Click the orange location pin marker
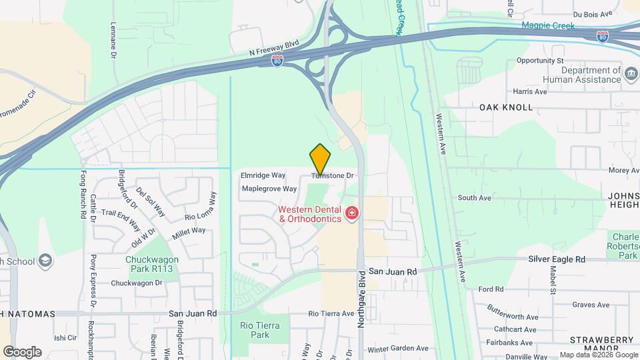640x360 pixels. [x=320, y=159]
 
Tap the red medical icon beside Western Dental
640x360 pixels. [x=351, y=214]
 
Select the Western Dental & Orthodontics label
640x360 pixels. [x=309, y=214]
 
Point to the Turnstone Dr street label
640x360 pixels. [x=332, y=175]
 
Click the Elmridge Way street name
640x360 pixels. [x=263, y=175]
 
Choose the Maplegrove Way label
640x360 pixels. [x=269, y=189]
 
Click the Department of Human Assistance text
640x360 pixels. [x=590, y=75]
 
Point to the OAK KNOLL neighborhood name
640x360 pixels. [x=506, y=107]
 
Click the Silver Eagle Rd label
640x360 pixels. [x=556, y=259]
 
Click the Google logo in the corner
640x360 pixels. [x=22, y=351]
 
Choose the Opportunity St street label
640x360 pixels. [x=540, y=61]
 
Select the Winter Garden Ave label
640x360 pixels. [x=398, y=348]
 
